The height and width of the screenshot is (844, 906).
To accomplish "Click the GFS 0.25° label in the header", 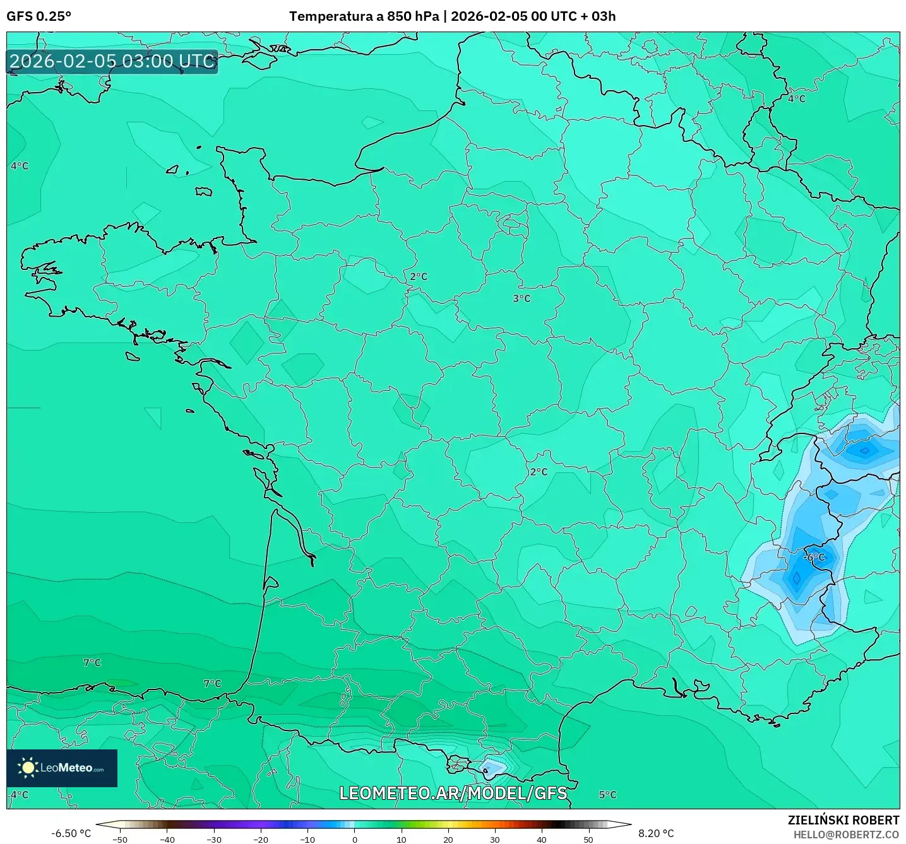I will click(x=39, y=16).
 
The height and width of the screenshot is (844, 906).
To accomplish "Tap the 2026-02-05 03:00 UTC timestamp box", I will click(x=112, y=61).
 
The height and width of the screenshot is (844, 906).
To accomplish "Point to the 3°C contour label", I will click(x=522, y=298).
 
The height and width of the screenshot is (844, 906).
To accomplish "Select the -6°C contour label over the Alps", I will click(x=814, y=557).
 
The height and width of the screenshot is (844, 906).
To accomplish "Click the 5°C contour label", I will click(x=607, y=795).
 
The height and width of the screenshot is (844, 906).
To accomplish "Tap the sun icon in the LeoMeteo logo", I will click(x=28, y=768).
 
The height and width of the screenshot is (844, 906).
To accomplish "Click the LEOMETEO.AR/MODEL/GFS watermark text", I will click(x=453, y=793).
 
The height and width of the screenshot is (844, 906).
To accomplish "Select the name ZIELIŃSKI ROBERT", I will click(x=843, y=820).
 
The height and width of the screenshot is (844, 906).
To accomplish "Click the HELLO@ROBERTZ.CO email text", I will click(x=846, y=835).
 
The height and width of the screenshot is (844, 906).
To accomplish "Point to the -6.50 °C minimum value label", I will click(x=71, y=833).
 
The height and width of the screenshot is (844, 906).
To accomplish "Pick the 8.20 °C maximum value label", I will click(x=656, y=833).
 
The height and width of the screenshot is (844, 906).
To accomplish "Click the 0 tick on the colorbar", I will click(x=354, y=840).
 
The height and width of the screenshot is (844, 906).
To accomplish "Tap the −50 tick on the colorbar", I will click(x=119, y=840).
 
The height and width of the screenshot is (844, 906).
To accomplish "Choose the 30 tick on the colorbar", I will click(x=495, y=840).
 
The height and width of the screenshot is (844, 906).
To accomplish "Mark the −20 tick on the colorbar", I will click(x=260, y=840).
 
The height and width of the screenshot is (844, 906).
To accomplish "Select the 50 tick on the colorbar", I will click(x=588, y=840).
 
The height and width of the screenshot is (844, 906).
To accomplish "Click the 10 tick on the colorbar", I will click(x=401, y=840).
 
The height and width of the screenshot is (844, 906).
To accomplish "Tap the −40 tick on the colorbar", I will click(x=167, y=840).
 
